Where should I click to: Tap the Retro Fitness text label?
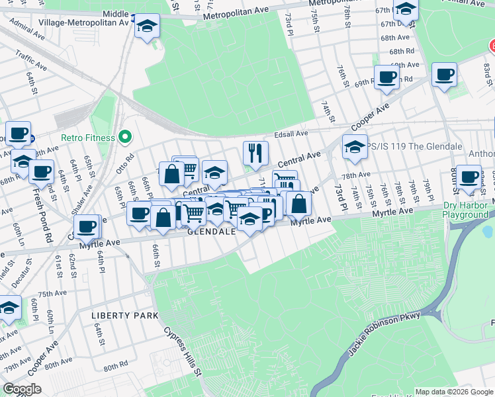pyautogui.click(x=88, y=138)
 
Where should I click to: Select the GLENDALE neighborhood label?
pyautogui.click(x=212, y=232)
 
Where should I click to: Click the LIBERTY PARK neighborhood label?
pyautogui.click(x=125, y=316)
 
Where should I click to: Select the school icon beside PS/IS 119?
pyautogui.click(x=355, y=147)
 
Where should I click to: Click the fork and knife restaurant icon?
pyautogui.click(x=255, y=153)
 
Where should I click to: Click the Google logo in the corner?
pyautogui.click(x=22, y=389)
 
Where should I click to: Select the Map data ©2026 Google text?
pyautogui.click(x=454, y=392)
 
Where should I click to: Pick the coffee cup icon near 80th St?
pyautogui.click(x=469, y=177)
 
